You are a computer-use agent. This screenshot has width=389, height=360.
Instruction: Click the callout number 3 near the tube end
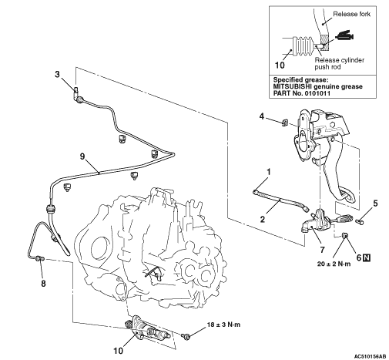(x=57, y=74)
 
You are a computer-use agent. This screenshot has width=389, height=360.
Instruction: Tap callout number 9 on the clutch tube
(x=82, y=156)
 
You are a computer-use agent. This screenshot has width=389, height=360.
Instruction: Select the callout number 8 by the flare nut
(x=43, y=284)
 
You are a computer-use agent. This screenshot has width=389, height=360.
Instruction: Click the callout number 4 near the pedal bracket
(x=262, y=116)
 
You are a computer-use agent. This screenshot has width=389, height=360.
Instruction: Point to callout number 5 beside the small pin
(x=375, y=204)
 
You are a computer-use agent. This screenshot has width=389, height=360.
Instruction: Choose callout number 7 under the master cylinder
(x=322, y=249)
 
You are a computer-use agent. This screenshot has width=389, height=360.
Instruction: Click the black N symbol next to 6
(x=367, y=257)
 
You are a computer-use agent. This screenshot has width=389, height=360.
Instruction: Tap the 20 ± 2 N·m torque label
(x=334, y=264)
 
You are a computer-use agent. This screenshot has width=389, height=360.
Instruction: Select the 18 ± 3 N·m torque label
(x=223, y=325)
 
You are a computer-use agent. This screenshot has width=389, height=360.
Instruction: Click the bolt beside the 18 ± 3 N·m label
(x=186, y=335)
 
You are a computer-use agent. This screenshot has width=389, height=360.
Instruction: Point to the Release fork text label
(x=351, y=14)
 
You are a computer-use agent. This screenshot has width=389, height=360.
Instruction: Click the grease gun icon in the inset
(x=344, y=36)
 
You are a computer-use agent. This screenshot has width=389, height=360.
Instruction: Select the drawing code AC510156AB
(x=370, y=356)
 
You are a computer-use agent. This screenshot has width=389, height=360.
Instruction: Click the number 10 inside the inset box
(x=280, y=66)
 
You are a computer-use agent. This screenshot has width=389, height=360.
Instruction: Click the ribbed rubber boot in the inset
(x=303, y=46)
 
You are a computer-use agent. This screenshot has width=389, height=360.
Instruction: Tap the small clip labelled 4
(x=284, y=123)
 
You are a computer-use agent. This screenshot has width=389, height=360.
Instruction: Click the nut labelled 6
(x=345, y=234)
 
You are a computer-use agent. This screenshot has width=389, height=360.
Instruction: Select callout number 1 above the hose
(x=269, y=172)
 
